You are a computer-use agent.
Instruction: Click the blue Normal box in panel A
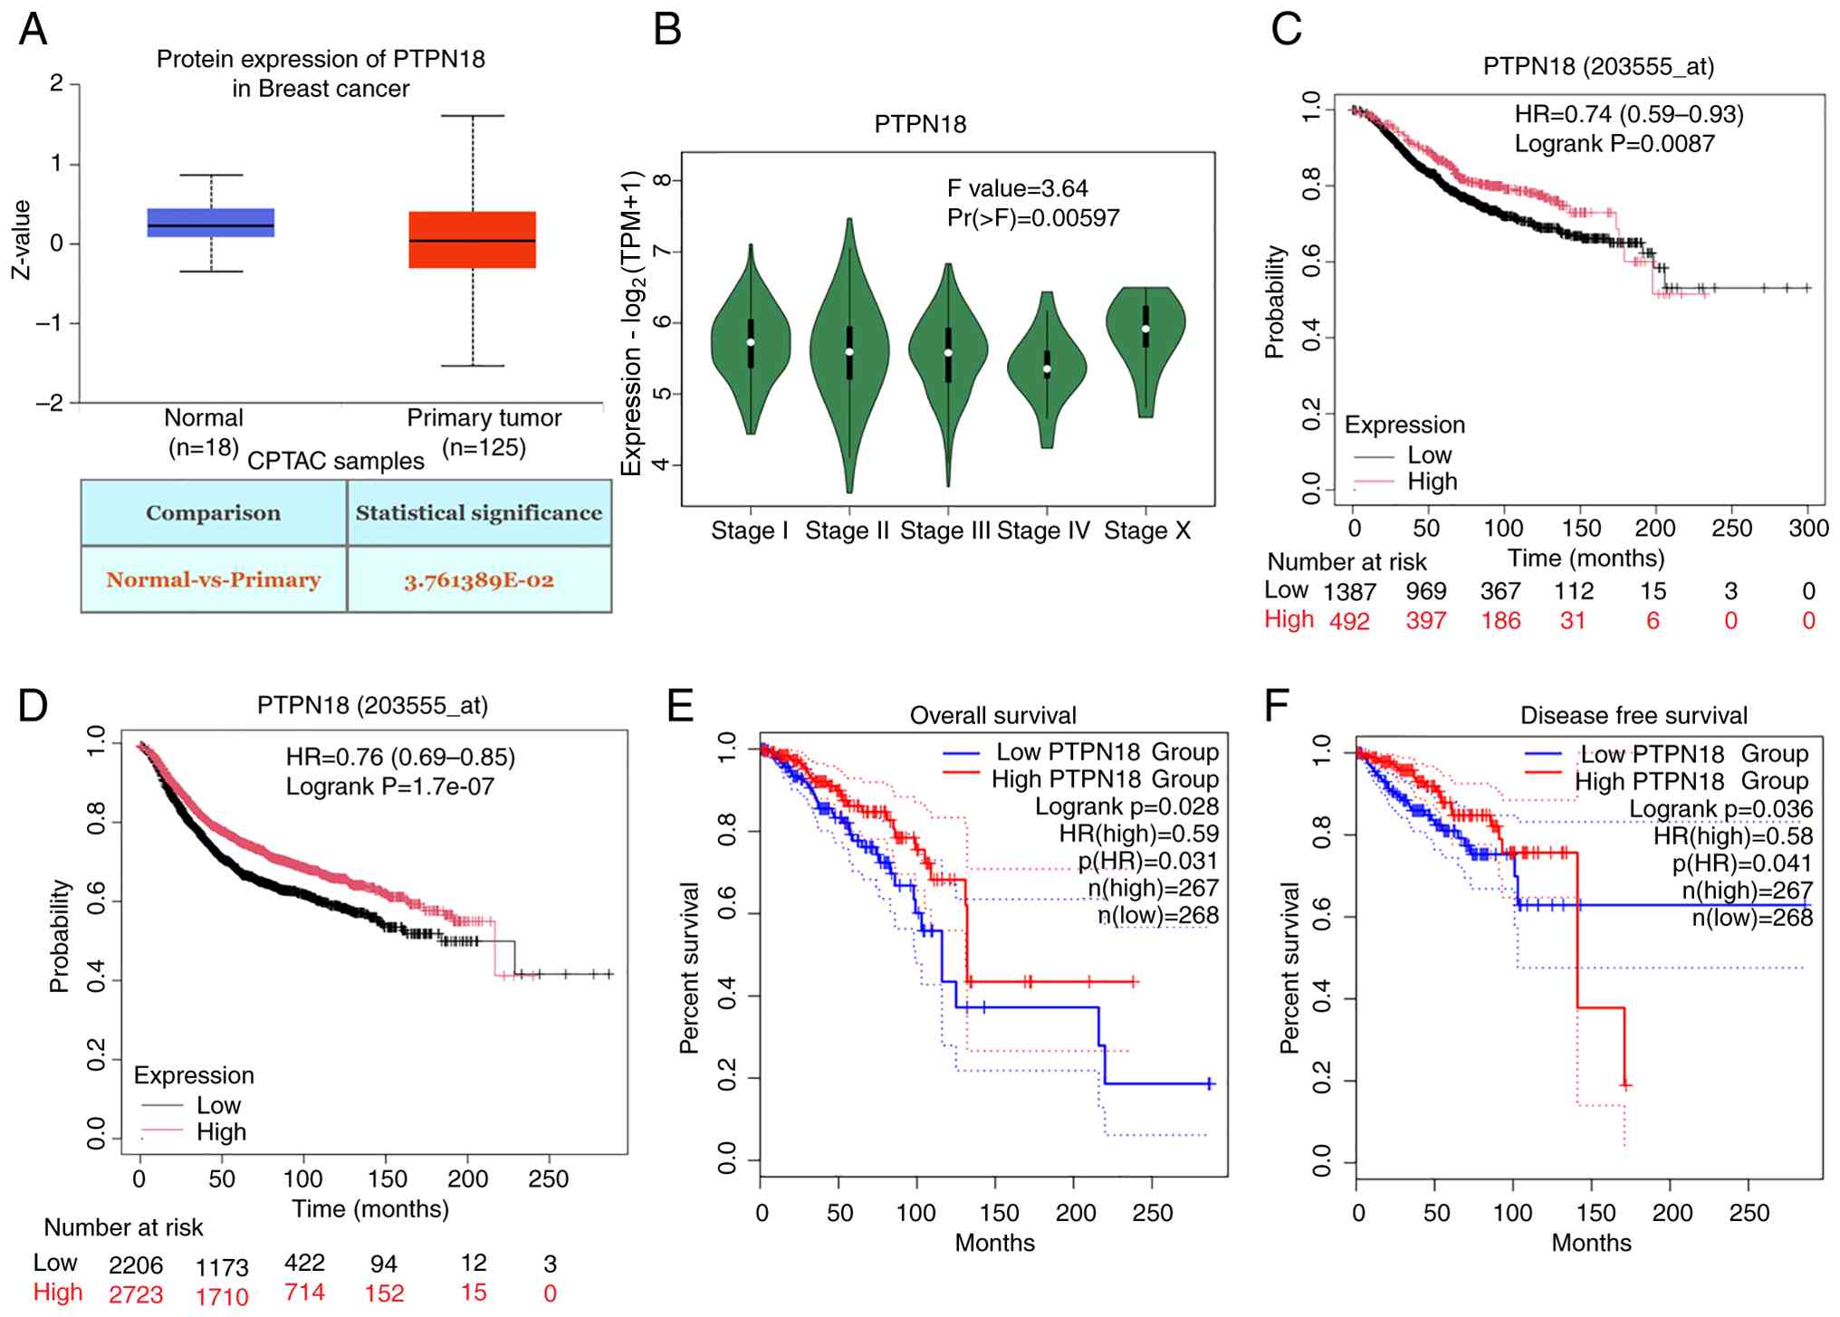tap(211, 222)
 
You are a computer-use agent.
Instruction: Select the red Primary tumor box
tap(472, 240)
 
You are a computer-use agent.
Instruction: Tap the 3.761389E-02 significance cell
tap(479, 580)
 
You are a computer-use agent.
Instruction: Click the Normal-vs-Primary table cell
tap(214, 580)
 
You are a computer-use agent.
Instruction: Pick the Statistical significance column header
tap(479, 513)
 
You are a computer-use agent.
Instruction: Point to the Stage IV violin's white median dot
tap(1047, 368)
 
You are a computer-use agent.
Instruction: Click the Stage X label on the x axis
tap(1147, 531)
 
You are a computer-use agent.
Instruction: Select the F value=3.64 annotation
tap(1017, 188)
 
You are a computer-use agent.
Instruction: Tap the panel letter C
tap(1286, 30)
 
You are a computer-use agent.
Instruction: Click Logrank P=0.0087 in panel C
tap(1615, 144)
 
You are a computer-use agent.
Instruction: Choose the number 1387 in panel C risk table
tap(1349, 592)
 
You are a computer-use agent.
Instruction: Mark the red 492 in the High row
tap(1349, 621)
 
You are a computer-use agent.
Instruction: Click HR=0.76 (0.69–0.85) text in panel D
tap(400, 757)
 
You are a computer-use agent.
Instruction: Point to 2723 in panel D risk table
tap(136, 1294)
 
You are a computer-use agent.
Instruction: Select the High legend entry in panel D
tap(221, 1132)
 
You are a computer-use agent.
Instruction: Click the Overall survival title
tap(992, 716)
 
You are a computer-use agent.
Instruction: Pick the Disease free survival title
tap(1633, 716)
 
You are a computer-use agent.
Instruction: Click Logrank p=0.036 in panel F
tap(1720, 809)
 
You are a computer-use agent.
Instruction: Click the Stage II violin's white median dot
tap(849, 351)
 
